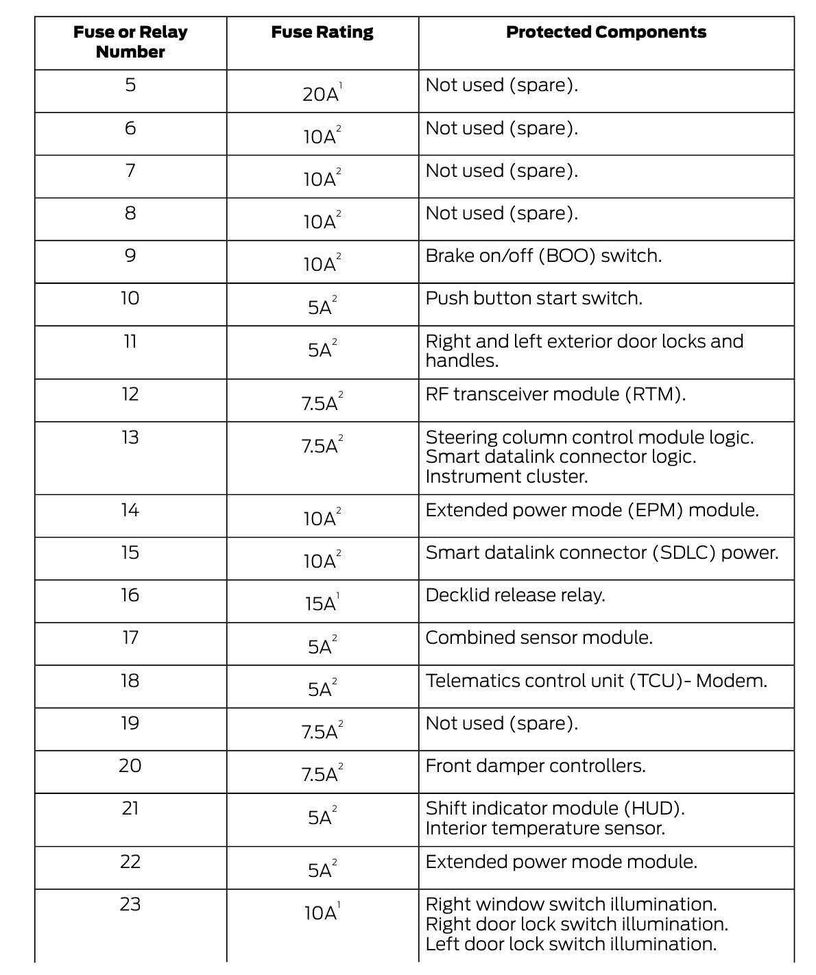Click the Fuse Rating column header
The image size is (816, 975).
322,32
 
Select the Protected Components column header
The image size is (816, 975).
606,32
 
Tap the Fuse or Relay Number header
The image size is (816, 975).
130,42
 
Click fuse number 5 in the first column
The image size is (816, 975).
130,85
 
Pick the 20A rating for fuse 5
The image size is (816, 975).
322,93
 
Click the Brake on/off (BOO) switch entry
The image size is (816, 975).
543,256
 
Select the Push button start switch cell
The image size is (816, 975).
533,298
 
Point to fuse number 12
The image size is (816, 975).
130,394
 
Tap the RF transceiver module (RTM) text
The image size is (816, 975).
555,394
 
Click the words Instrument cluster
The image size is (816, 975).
507,477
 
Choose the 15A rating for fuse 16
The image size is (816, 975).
322,603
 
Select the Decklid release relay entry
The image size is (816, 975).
515,595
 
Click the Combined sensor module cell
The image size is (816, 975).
539,638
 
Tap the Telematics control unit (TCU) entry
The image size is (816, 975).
596,681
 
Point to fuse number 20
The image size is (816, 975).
130,766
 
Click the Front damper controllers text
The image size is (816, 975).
536,766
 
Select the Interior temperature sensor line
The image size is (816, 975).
545,828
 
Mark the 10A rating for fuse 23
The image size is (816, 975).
322,913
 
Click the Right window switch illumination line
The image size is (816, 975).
571,904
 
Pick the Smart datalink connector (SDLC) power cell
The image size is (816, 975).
602,553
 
